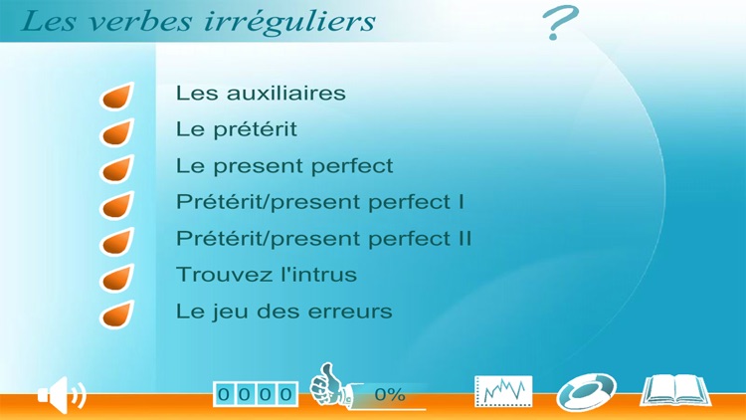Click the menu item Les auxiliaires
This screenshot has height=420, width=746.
pyautogui.click(x=261, y=93)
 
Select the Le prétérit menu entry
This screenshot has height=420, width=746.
pyautogui.click(x=236, y=129)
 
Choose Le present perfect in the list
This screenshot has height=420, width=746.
pyautogui.click(x=284, y=165)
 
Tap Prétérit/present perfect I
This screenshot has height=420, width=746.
pyautogui.click(x=319, y=202)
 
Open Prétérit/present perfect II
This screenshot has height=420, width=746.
pyautogui.click(x=323, y=239)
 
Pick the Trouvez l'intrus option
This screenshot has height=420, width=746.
pyautogui.click(x=266, y=275)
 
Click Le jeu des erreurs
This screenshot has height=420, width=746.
pyautogui.click(x=283, y=312)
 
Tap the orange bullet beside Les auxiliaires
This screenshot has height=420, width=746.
pyautogui.click(x=117, y=97)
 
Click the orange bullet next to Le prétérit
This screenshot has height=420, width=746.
pyautogui.click(x=117, y=132)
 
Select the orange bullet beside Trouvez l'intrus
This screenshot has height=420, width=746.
pyautogui.click(x=117, y=278)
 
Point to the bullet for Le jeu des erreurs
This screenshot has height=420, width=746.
pyautogui.click(x=117, y=315)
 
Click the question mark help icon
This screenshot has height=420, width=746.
pyautogui.click(x=561, y=23)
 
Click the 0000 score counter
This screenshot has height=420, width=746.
pyautogui.click(x=256, y=395)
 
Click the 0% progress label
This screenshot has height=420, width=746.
pyautogui.click(x=389, y=395)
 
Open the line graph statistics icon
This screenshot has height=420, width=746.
pyautogui.click(x=503, y=391)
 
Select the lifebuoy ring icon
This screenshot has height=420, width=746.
pyautogui.click(x=586, y=391)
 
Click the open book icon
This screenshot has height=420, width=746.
pyautogui.click(x=675, y=390)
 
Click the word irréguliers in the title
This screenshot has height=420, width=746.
pyautogui.click(x=303, y=21)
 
